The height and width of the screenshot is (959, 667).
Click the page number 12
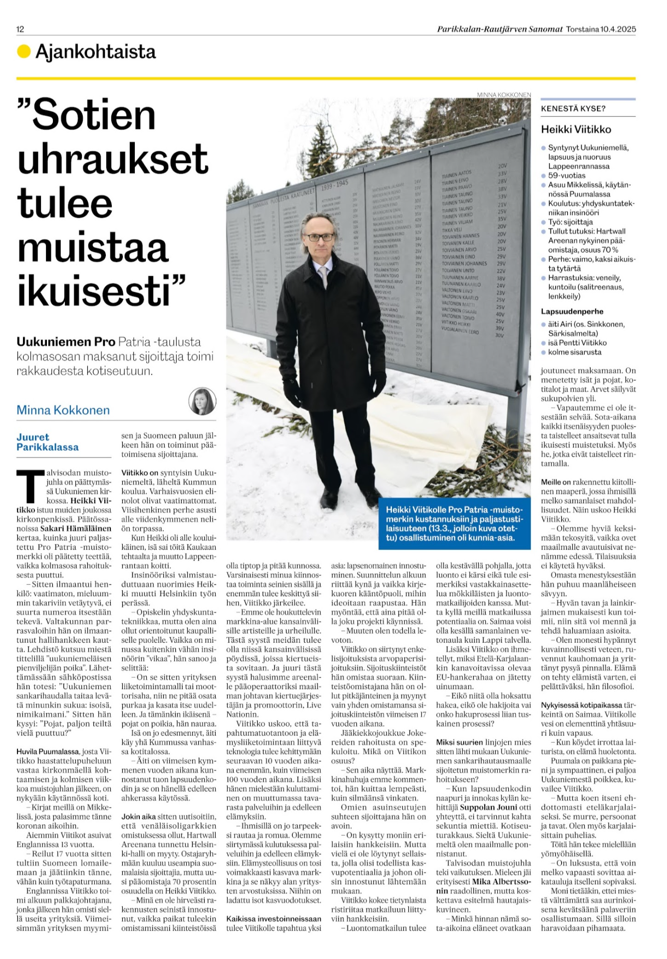click(20, 29)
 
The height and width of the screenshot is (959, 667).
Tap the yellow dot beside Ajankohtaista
click(23, 51)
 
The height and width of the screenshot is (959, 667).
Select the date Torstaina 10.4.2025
click(601, 29)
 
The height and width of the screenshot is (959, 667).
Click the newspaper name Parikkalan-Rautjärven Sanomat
click(500, 29)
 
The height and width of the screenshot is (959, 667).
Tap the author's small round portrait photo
click(202, 401)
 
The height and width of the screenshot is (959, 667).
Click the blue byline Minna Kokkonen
click(63, 410)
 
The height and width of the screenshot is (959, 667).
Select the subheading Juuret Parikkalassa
click(47, 442)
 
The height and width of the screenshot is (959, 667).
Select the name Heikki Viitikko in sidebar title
click(576, 129)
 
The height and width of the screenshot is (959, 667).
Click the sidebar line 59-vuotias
click(567, 175)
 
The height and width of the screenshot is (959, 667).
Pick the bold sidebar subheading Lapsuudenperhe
click(572, 311)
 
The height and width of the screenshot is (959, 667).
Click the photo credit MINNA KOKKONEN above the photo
click(504, 94)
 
